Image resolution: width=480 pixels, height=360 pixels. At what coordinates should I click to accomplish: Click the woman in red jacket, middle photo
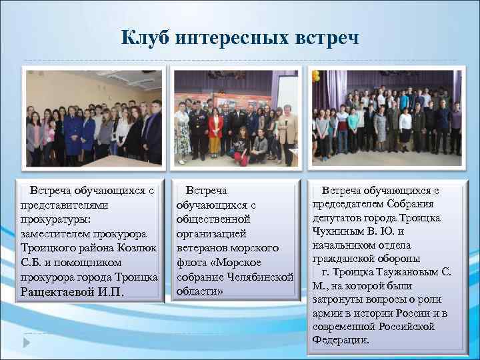click(215, 130)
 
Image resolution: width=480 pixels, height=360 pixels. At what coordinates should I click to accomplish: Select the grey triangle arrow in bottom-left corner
click(26, 342)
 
